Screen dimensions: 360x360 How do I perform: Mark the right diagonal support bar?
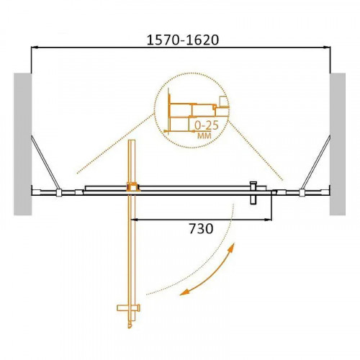[319, 162]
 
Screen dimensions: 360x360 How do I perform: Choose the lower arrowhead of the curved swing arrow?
[184, 292]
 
